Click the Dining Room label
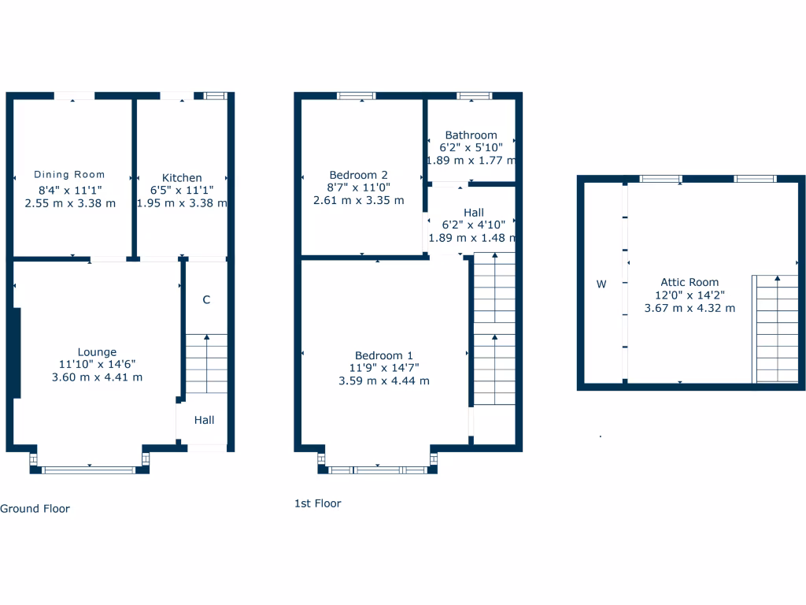pos(69,175)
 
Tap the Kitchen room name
pos(182,178)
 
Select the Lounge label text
pos(97,352)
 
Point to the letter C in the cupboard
pos(206,299)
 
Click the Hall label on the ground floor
pos(205,421)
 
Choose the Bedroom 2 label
pos(358,175)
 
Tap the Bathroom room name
pos(471,135)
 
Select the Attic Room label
pos(690,282)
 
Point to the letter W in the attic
pos(601,284)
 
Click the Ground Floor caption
pos(35,509)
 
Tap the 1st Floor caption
pos(317,503)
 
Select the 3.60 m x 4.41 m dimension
pos(97,377)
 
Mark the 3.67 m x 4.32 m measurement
pos(690,308)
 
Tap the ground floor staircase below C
pos(207,363)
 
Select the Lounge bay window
pos(89,470)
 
